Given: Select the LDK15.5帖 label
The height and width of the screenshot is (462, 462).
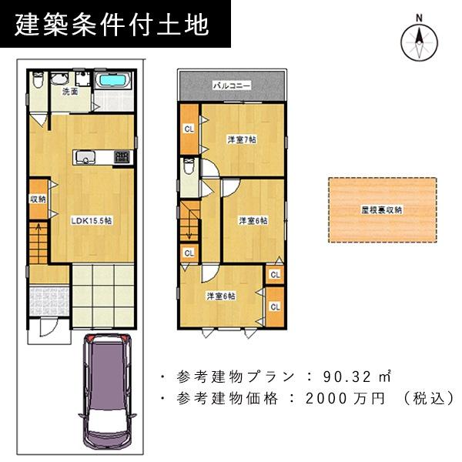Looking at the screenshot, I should tap(92, 221).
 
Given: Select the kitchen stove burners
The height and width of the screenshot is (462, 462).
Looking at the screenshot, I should tap(121, 158).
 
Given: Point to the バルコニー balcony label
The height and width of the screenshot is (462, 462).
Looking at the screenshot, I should tap(232, 85).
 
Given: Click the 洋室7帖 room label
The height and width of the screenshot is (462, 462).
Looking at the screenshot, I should tap(241, 140).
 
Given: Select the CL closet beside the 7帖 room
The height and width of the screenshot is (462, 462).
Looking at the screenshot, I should tap(189, 129).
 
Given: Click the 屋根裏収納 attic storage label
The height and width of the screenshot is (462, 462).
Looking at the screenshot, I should tap(382, 209).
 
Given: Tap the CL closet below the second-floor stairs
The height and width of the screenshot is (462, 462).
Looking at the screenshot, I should tap(189, 252).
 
